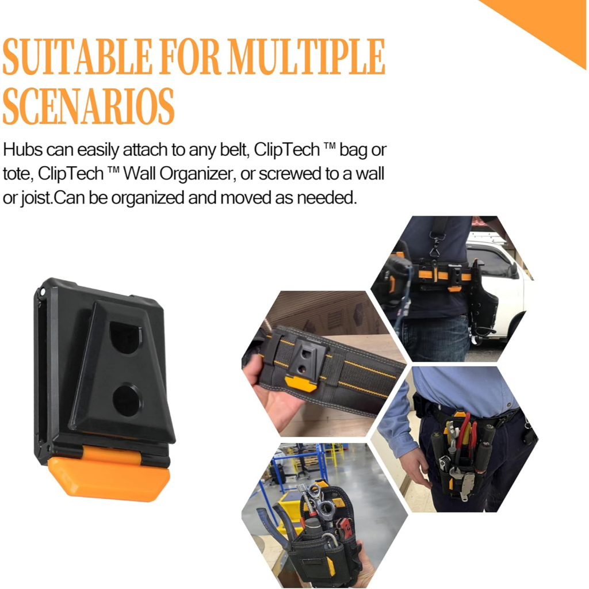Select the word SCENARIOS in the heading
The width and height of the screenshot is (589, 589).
(x=89, y=106)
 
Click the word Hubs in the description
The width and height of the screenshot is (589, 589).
(x=22, y=150)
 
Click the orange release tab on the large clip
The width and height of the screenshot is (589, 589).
(x=109, y=476)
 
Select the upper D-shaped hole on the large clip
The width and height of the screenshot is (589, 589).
(x=125, y=337)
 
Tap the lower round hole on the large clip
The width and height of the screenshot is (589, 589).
(x=127, y=400)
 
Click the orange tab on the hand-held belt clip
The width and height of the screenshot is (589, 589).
(x=301, y=384)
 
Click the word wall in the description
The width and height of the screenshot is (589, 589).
(x=369, y=174)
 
